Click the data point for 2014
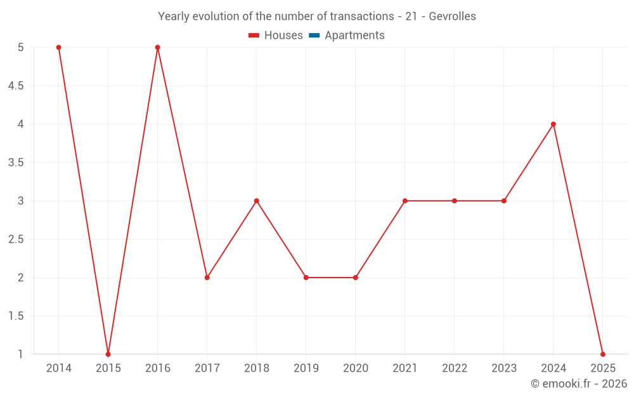point(58,48)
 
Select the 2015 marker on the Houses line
point(108,354)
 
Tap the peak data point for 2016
point(158,48)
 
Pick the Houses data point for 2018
point(257,201)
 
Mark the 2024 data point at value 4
point(553,124)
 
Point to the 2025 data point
point(603,354)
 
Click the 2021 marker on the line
point(405,201)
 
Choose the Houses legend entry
point(276,36)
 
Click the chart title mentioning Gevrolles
point(317,17)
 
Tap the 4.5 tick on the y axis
point(16,86)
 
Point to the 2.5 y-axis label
point(16,239)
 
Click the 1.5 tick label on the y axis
point(16,316)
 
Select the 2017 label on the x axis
point(207,368)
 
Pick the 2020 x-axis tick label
point(356,368)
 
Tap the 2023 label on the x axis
point(504,368)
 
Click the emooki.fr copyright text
point(579,384)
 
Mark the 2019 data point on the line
point(306,278)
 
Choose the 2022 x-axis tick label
point(455,368)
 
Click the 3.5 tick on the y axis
point(16,163)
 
